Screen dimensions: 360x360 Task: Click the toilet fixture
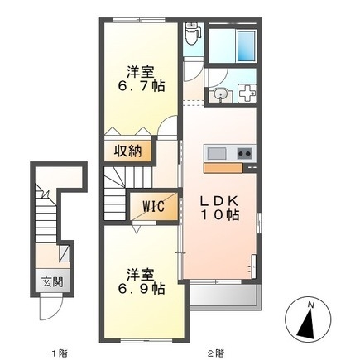pyautogui.click(x=191, y=34)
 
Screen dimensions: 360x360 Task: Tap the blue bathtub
pyautogui.click(x=246, y=46)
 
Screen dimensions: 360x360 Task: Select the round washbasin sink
pyautogui.click(x=220, y=94)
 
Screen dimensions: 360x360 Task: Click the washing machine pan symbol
pyautogui.click(x=247, y=94)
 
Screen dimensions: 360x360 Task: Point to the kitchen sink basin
pyautogui.click(x=217, y=153)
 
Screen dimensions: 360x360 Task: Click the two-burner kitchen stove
pyautogui.click(x=244, y=153)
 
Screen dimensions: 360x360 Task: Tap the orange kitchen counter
pyautogui.click(x=223, y=168)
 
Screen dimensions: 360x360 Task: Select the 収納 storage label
pyautogui.click(x=128, y=151)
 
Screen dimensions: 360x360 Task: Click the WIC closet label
pyautogui.click(x=154, y=206)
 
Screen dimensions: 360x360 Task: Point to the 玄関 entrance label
pyautogui.click(x=52, y=282)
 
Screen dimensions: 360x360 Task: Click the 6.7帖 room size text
pyautogui.click(x=142, y=86)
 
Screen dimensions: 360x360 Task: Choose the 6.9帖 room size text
pyautogui.click(x=142, y=289)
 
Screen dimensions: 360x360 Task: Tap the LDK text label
pyautogui.click(x=219, y=201)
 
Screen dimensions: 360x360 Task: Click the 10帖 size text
pyautogui.click(x=220, y=215)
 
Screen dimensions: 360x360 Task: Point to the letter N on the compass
pyautogui.click(x=311, y=305)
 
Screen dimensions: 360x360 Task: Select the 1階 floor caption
pyautogui.click(x=60, y=353)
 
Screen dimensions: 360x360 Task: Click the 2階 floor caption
pyautogui.click(x=216, y=353)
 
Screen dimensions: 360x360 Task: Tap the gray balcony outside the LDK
pyautogui.click(x=225, y=295)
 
